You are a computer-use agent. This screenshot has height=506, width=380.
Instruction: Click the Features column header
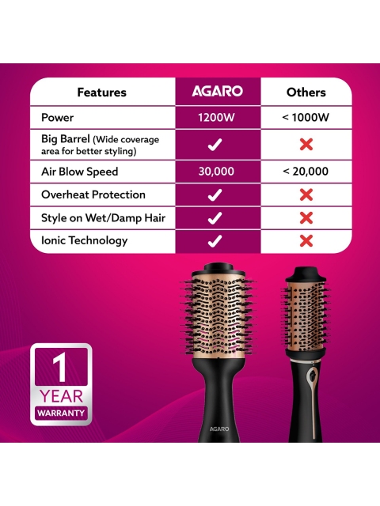tap(102, 93)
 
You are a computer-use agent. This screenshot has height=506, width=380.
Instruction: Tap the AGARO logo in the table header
tap(217, 91)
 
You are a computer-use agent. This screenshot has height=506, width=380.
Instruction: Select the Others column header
tap(306, 93)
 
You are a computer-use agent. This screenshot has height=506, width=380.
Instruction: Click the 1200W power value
tap(216, 117)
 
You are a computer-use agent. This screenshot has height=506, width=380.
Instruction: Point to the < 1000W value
tap(306, 117)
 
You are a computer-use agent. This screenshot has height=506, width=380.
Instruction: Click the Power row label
tap(57, 117)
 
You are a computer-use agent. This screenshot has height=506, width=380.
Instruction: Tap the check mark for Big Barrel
tap(215, 144)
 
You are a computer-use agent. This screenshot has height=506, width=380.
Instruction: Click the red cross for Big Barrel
tap(306, 144)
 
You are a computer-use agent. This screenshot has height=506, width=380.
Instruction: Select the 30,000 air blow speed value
tap(216, 172)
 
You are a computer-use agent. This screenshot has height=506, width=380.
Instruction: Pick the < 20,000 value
tap(306, 172)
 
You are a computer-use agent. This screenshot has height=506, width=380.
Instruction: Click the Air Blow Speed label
tap(79, 172)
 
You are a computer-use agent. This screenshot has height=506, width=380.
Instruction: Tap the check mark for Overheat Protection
tap(215, 195)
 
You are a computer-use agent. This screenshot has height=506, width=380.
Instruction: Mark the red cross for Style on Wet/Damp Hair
tap(306, 218)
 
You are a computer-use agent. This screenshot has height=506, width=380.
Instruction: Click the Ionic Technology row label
tap(85, 240)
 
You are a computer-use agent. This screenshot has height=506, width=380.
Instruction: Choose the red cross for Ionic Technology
tap(306, 241)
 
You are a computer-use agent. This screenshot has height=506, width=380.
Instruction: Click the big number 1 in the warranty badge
tap(60, 367)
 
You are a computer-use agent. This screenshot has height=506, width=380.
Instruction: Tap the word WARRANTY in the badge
tap(61, 413)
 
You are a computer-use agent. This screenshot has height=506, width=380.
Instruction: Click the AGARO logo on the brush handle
tap(219, 429)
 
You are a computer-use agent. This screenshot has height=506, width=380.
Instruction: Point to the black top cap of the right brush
tap(306, 274)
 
